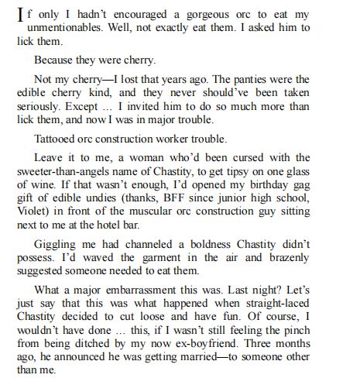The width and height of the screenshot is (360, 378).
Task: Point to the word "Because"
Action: click(x=53, y=58)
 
